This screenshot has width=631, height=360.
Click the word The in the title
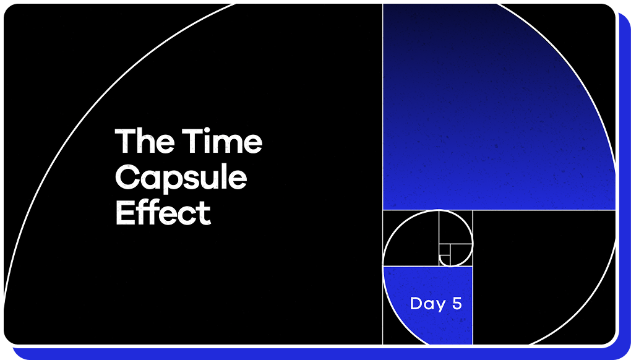click(x=145, y=141)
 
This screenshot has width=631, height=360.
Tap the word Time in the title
click(x=222, y=141)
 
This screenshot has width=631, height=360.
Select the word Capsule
click(x=181, y=178)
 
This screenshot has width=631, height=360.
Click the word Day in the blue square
click(x=428, y=304)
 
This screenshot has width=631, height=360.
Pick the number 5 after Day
click(x=457, y=303)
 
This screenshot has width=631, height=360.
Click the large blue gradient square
click(x=499, y=106)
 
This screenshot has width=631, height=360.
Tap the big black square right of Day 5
click(x=544, y=277)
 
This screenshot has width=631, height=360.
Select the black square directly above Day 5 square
click(x=411, y=238)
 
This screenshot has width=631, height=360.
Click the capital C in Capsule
click(x=127, y=178)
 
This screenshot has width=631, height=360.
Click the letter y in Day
click(x=440, y=306)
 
